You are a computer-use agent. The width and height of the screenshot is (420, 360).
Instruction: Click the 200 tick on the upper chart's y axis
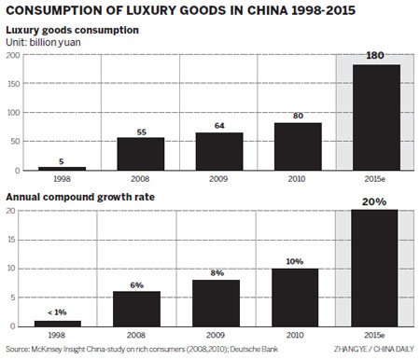coord(12,55)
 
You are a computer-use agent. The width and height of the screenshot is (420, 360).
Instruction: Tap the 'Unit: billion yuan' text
coord(43,42)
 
